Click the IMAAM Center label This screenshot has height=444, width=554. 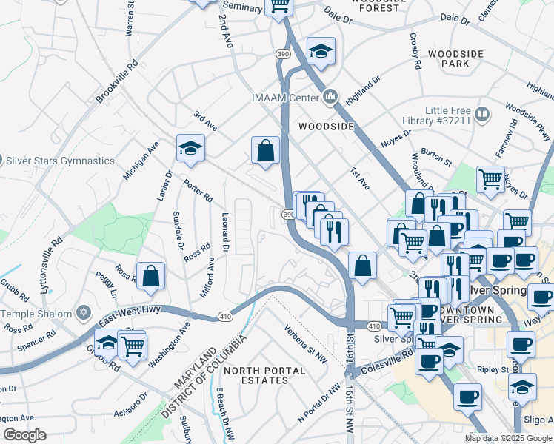click(285, 97)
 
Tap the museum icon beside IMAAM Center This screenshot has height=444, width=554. click(330, 96)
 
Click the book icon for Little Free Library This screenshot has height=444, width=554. click(482, 115)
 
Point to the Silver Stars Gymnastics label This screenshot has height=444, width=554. click(61, 161)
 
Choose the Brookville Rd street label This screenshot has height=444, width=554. click(118, 81)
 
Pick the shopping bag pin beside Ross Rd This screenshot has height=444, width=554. click(150, 275)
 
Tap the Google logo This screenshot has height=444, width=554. click(24, 435)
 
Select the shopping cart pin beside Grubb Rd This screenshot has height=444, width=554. click(133, 344)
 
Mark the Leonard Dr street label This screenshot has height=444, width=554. click(225, 231)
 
